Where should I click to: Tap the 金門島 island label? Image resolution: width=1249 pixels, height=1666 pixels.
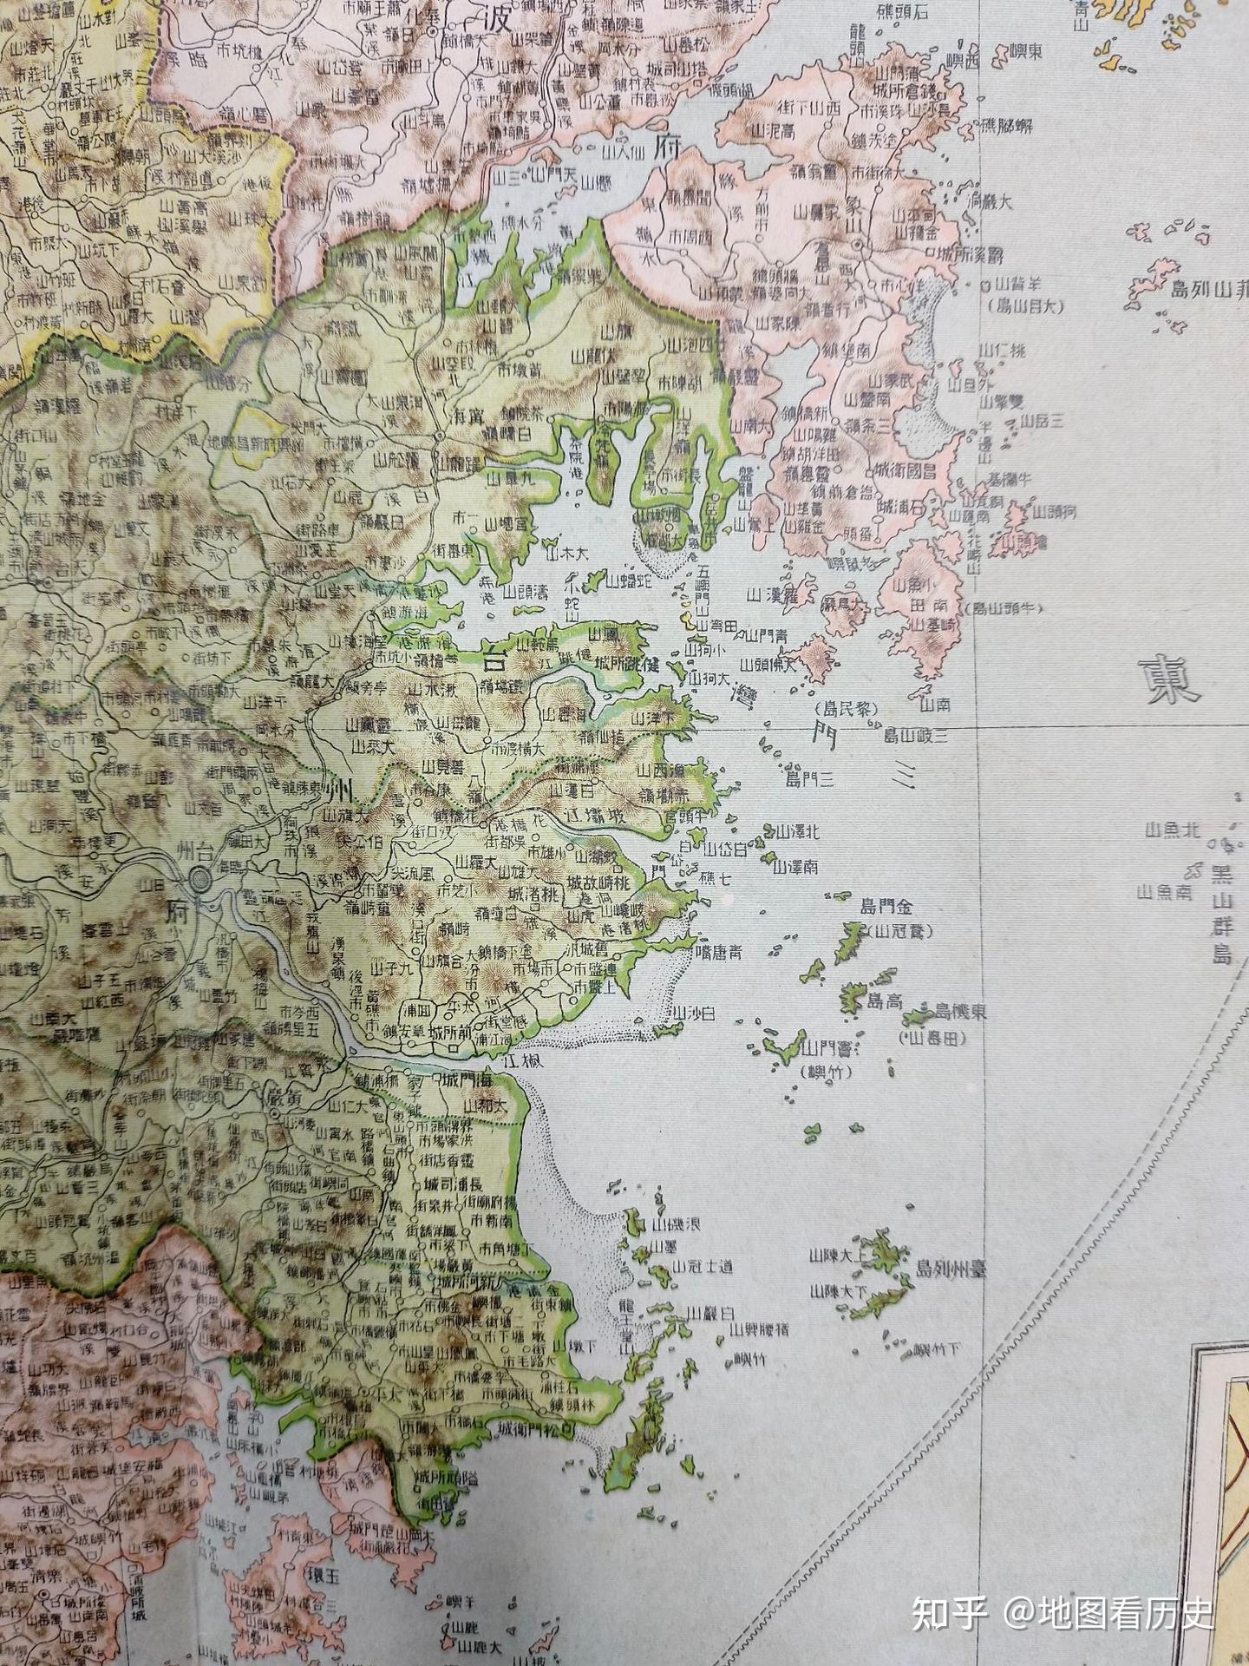(x=886, y=907)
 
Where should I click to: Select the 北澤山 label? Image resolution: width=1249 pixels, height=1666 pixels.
(x=795, y=832)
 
